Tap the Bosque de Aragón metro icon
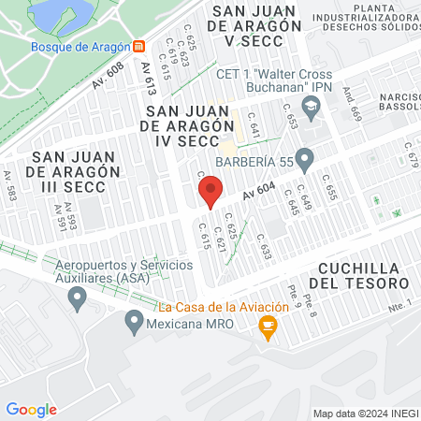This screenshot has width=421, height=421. pos(138,46)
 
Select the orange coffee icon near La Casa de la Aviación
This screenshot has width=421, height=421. pos(269,326)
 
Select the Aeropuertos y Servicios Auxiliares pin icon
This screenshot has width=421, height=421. pos(78,298)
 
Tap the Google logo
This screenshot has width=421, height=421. pos(31,409)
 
